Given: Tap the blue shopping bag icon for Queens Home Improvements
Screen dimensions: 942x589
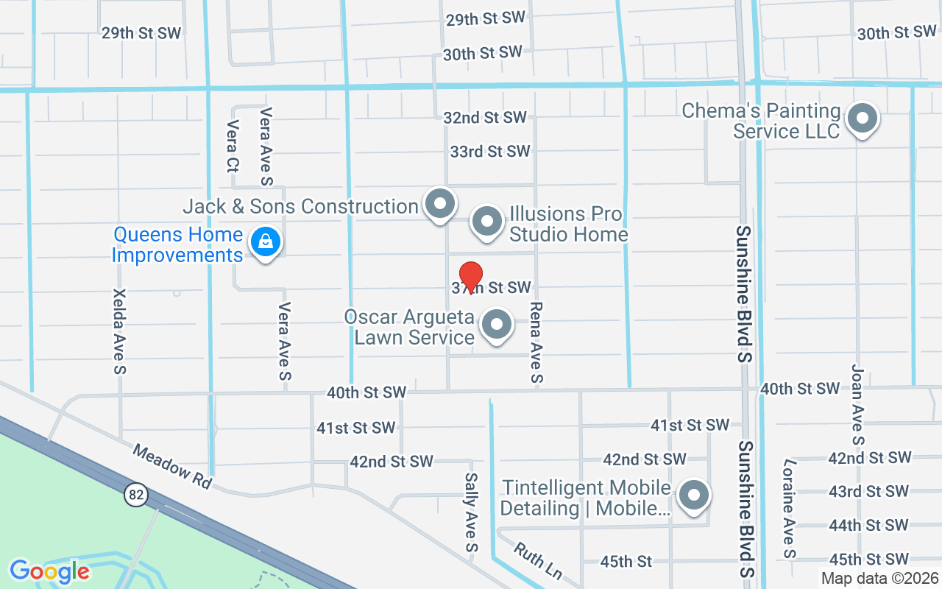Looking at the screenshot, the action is coord(265,241).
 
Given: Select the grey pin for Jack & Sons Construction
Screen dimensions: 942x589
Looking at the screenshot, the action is coord(440,203).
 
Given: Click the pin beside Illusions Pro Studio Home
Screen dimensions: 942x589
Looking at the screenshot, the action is coord(486,221).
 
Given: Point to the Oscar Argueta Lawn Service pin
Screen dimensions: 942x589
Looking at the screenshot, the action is coord(497,325).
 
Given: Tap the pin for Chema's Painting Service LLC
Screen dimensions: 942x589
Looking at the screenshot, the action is coord(860,119).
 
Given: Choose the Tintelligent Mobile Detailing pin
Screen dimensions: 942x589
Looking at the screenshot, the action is coord(693,495).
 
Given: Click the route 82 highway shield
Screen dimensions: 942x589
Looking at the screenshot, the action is coord(135,495).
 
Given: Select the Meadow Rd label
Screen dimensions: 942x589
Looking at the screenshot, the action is coord(172,465).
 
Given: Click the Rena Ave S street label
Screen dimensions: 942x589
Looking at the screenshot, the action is coord(536,343).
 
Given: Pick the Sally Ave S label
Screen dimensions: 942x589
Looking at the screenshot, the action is coord(472,512).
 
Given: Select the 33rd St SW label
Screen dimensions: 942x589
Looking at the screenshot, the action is coord(490,152).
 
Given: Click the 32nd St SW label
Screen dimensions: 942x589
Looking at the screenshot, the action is coord(485,118).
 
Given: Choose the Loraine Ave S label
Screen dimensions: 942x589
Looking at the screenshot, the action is coord(790,508).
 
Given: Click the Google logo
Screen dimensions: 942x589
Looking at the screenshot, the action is coord(49,571).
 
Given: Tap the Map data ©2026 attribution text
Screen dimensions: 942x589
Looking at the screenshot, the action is coord(879,579).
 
